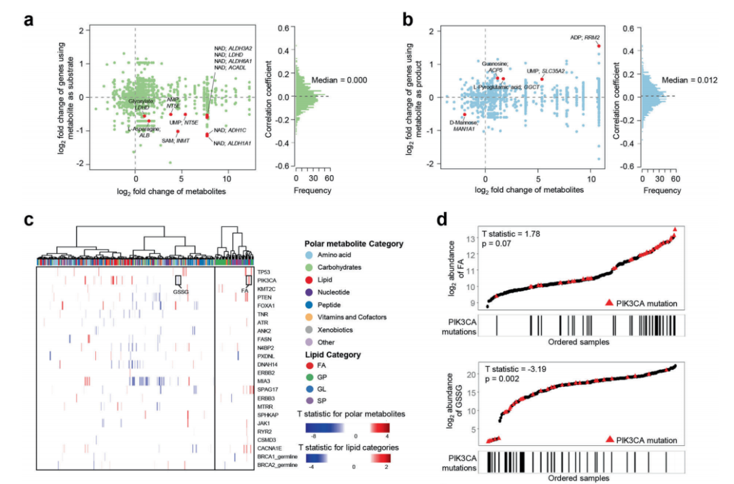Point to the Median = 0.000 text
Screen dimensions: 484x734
click(338, 79)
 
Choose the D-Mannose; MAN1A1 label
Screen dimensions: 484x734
click(463, 124)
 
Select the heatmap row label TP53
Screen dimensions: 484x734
click(264, 272)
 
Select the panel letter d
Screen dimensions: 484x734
click(442, 221)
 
